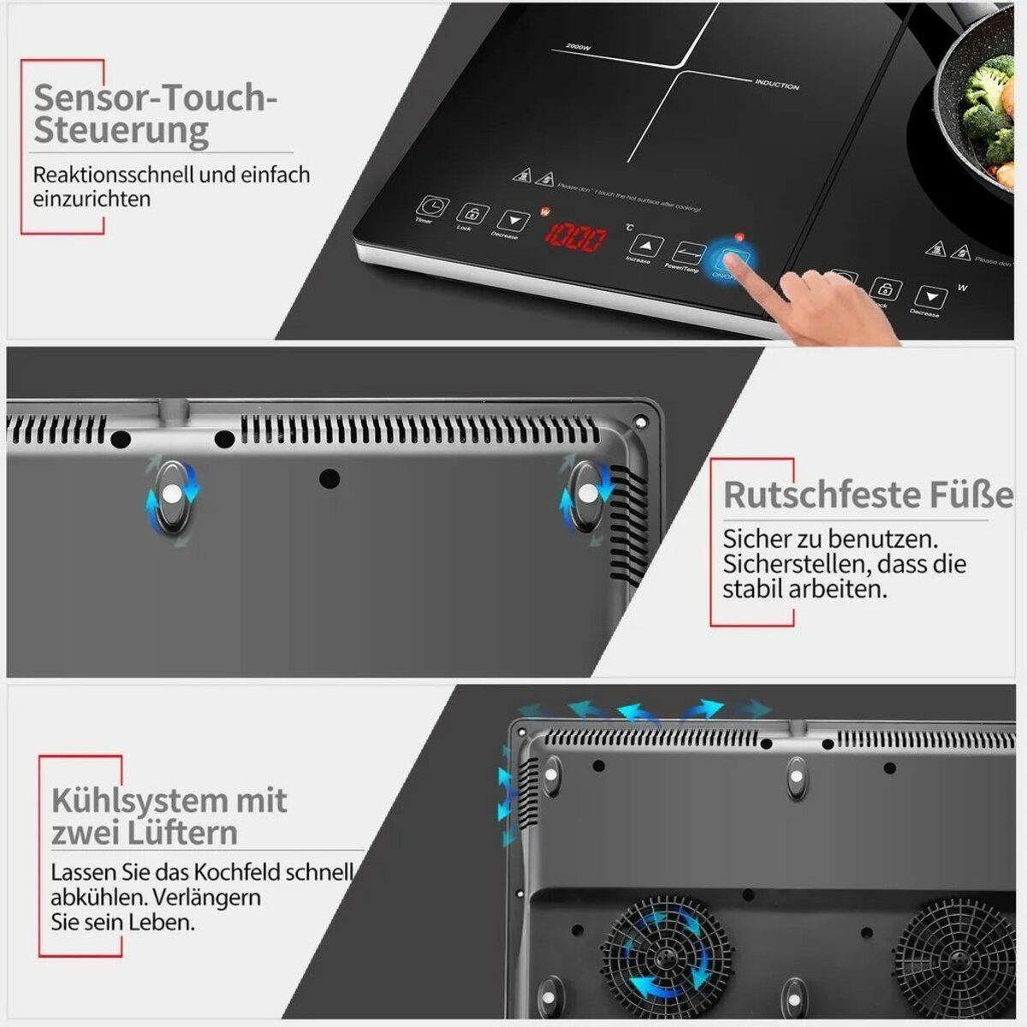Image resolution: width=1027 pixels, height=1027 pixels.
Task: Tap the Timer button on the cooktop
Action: pyautogui.click(x=432, y=207)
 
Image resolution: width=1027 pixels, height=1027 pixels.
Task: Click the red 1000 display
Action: pyautogui.click(x=576, y=238)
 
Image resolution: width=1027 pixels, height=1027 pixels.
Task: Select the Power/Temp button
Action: pyautogui.click(x=687, y=252)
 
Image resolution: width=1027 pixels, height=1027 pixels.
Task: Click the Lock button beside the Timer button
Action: pyautogui.click(x=472, y=214)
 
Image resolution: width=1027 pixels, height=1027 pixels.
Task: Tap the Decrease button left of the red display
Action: pyautogui.click(x=513, y=222)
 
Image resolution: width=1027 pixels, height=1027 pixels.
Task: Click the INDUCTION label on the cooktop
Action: pyautogui.click(x=776, y=85)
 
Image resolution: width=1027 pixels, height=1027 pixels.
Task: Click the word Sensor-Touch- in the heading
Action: pyautogui.click(x=155, y=98)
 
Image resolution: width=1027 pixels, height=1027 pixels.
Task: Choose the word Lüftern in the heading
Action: pyautogui.click(x=187, y=834)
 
